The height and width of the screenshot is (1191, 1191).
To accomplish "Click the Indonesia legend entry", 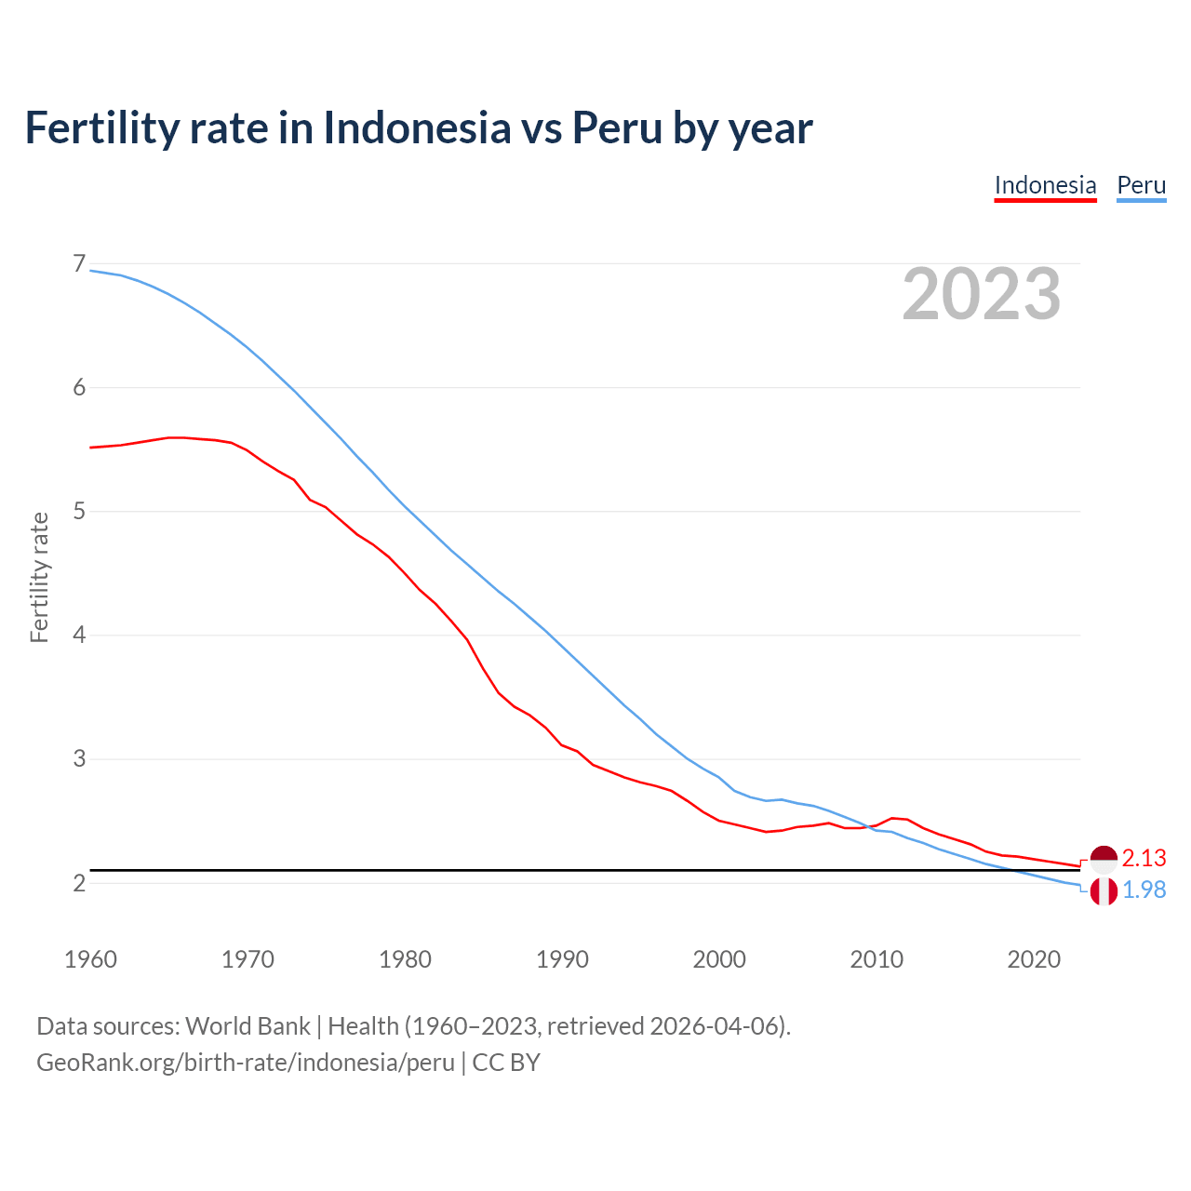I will tap(1045, 185).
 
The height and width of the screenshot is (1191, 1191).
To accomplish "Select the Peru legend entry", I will tap(1141, 185).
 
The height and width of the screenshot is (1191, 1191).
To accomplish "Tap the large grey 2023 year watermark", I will tap(982, 294).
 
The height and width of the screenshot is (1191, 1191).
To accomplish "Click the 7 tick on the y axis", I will tap(79, 264).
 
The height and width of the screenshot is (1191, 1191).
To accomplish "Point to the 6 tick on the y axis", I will tap(79, 388).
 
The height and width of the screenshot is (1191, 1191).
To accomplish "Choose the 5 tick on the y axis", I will tap(79, 512).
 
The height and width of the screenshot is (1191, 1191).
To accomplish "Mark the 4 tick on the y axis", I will tap(79, 636).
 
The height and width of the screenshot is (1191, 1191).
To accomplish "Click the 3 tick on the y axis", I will tap(79, 759).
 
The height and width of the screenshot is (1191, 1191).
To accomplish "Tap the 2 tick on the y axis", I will tap(79, 883).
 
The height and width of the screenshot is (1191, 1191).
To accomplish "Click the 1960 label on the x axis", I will tap(90, 959).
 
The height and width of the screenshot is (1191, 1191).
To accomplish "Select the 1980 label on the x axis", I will tap(405, 959).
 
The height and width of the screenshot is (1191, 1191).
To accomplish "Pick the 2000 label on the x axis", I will tap(719, 959).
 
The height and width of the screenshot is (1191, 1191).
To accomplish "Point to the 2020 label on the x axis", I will tap(1034, 959).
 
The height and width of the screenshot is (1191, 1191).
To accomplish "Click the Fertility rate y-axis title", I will tap(39, 577).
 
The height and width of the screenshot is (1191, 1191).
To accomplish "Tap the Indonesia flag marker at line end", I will tap(1104, 859).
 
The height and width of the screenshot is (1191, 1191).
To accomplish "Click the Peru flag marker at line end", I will tap(1104, 891).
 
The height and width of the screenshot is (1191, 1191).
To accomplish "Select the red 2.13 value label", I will tap(1144, 858).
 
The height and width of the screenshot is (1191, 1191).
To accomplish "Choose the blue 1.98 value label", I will tap(1144, 890).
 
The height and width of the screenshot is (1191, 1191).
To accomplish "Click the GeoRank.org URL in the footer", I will tap(246, 1063).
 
